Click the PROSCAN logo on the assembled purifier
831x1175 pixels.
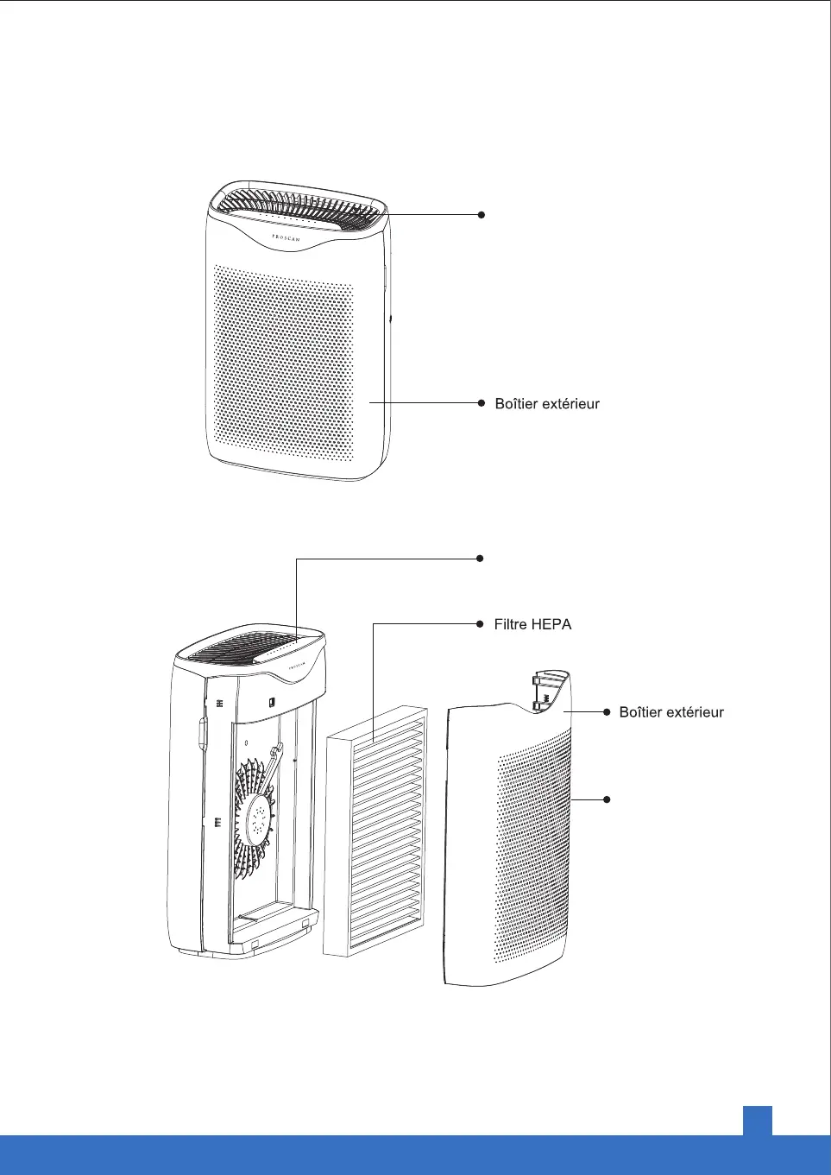tap(286, 237)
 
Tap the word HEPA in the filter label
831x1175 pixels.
tap(552, 624)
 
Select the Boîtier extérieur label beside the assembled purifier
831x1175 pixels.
tap(547, 403)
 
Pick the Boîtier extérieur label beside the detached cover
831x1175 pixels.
tap(671, 712)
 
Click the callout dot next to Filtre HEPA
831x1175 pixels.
tap(481, 623)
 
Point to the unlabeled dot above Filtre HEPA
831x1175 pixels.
tap(481, 559)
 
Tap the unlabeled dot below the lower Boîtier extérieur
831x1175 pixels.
tap(607, 799)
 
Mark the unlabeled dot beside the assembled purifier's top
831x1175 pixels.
tap(482, 214)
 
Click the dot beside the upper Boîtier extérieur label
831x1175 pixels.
tap(482, 402)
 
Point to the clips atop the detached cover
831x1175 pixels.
tap(543, 691)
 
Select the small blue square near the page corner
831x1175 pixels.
tap(757, 1120)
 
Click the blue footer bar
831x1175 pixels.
tap(414, 1155)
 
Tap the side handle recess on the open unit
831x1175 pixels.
tap(202, 733)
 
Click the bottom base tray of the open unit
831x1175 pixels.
tap(268, 928)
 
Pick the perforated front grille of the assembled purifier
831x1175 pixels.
tap(283, 363)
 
